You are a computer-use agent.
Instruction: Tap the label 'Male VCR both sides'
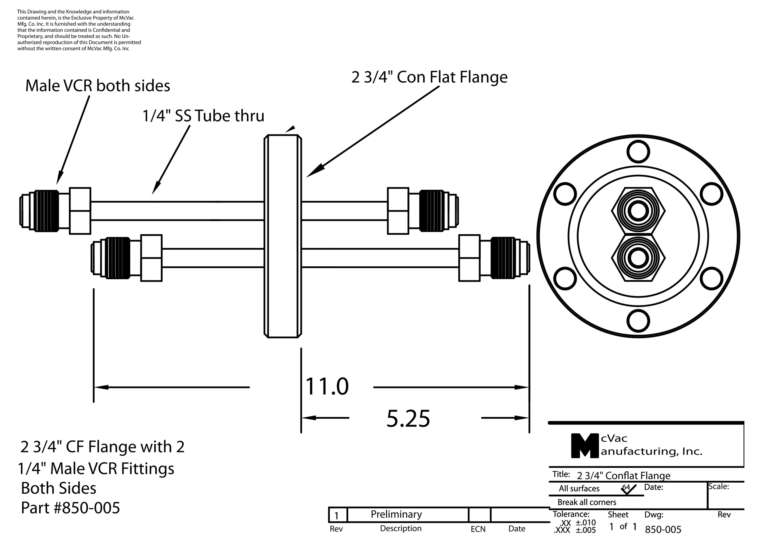tap(97, 86)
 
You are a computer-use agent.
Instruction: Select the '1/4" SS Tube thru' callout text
tap(203, 116)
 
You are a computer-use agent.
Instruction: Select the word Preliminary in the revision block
tap(396, 514)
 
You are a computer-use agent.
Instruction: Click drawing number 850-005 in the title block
tap(663, 530)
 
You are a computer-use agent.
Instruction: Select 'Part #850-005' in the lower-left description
tap(70, 508)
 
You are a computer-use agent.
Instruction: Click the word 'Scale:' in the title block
tap(719, 486)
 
